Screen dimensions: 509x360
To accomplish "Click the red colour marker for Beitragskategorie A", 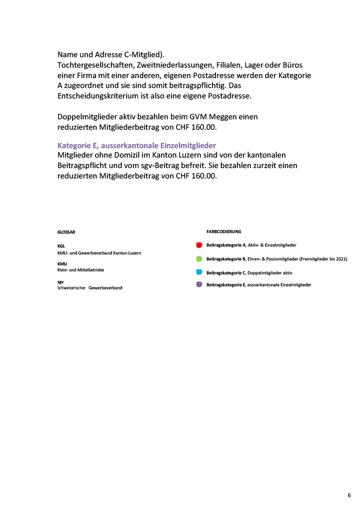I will (x=199, y=246).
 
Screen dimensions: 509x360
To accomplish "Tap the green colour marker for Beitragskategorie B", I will (x=199, y=259).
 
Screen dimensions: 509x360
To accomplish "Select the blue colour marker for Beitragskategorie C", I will (x=199, y=272).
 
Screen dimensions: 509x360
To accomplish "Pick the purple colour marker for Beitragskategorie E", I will (x=199, y=285).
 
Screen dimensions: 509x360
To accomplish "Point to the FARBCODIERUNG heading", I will (x=224, y=232).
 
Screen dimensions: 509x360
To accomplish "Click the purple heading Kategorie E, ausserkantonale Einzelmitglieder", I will (x=137, y=146).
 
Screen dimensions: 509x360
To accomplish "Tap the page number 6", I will (x=349, y=495).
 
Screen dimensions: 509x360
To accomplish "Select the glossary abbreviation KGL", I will (x=61, y=246).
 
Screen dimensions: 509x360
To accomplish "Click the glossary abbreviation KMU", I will (x=62, y=263).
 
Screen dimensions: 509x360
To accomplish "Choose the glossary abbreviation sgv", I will (x=60, y=282).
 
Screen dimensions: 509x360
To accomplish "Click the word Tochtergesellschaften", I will (x=92, y=66).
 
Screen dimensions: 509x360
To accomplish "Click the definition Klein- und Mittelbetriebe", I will (x=81, y=270).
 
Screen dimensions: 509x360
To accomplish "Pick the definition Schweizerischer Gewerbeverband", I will (x=90, y=288).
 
